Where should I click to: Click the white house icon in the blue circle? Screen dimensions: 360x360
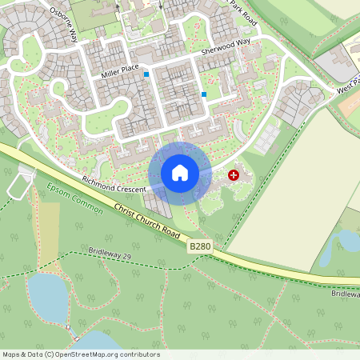180,173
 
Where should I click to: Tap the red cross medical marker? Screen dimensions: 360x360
234,174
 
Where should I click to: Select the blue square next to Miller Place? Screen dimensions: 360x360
146,74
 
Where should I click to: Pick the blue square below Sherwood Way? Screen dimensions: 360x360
204,94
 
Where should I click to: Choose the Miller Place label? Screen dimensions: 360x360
120,74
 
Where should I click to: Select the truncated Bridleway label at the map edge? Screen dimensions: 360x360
346,294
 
